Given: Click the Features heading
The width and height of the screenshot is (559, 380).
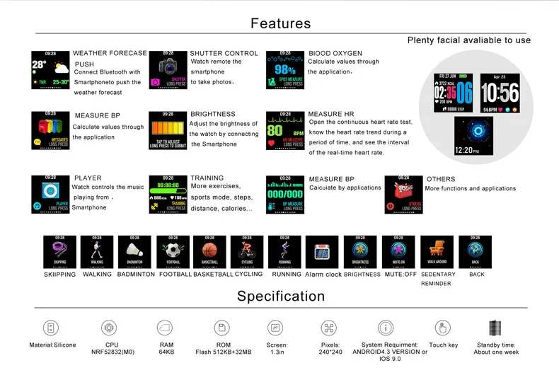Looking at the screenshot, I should (x=280, y=23).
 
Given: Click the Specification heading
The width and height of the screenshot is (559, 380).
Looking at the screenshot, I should (x=280, y=296).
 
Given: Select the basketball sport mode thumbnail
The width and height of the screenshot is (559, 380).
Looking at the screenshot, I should (x=209, y=251).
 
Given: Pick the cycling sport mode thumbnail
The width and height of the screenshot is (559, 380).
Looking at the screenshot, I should (x=247, y=251).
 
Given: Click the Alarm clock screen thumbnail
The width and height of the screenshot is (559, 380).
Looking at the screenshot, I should (x=323, y=251).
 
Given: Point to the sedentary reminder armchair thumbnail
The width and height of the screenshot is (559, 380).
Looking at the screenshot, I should (x=437, y=251).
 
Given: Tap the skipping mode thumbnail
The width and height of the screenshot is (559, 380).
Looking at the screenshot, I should (x=59, y=251).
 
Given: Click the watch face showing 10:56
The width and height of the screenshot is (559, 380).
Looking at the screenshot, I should (x=500, y=92).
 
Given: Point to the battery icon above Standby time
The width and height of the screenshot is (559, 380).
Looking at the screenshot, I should (x=495, y=328).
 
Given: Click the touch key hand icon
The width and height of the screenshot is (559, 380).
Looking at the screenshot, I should (x=443, y=328).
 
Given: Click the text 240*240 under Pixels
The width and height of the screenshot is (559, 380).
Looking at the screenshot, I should (x=330, y=351).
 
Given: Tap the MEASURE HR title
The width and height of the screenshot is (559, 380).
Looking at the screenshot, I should (x=330, y=114).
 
